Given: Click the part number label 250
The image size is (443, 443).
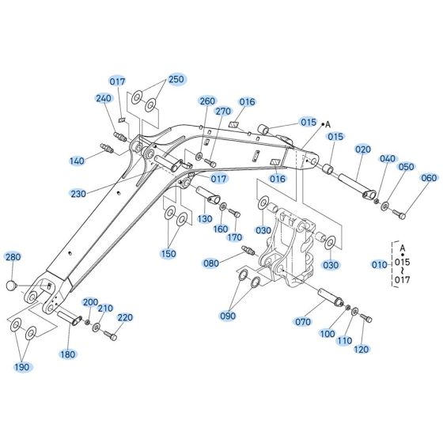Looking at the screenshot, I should tap(175, 79).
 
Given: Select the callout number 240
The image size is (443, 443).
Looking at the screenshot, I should tap(104, 98).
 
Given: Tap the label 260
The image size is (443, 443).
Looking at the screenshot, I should tap(207, 101).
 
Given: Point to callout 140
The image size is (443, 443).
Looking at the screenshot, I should tap(76, 161).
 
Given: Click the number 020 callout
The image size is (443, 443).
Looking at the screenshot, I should tap(363, 149).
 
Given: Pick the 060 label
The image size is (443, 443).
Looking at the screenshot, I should tap(428, 178).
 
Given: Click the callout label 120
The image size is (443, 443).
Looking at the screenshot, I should tap(362, 349).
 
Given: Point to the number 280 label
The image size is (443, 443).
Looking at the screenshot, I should tap(13, 257).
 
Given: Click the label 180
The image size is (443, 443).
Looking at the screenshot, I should tap(68, 354).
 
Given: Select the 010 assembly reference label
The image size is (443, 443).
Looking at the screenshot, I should tap(379, 263).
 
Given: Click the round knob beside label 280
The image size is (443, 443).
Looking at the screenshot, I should tap(12, 283).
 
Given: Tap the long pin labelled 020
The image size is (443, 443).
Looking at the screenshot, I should tap(354, 183).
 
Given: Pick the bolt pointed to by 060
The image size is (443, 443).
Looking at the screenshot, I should tap(402, 213).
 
